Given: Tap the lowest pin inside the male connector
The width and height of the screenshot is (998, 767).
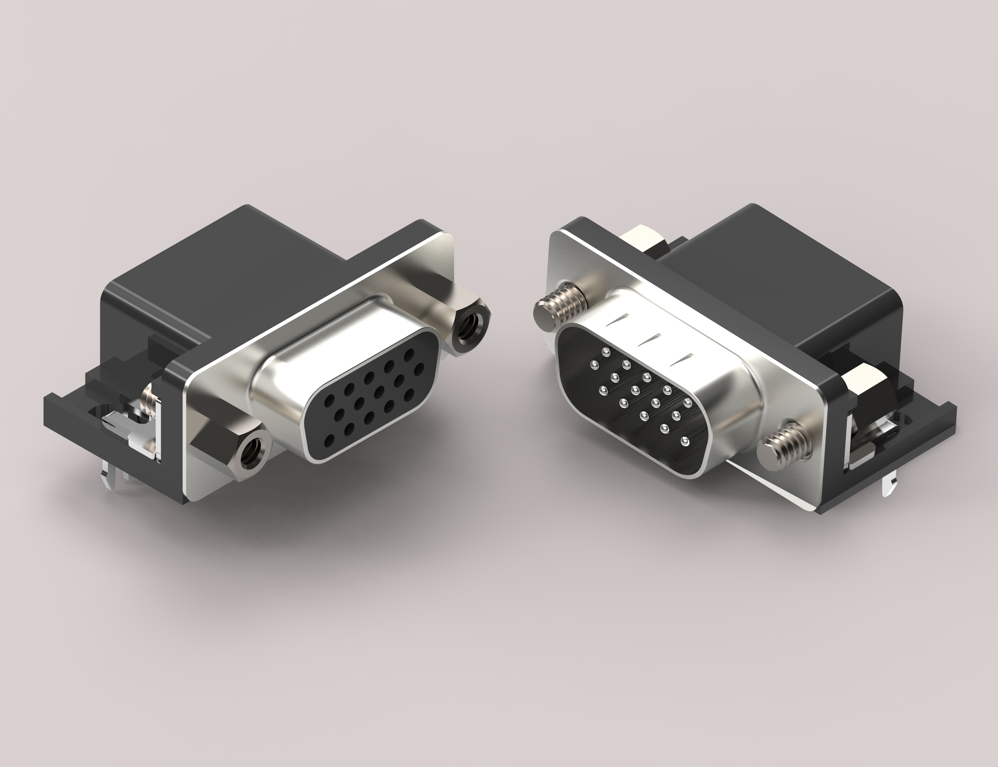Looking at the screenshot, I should [x=684, y=441].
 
